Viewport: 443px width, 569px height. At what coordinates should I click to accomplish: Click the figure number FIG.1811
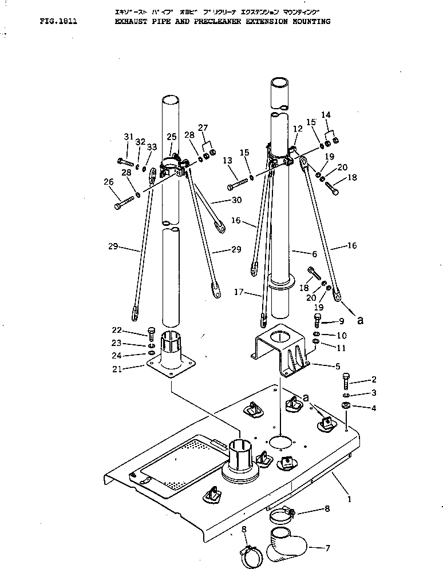[x=58, y=22]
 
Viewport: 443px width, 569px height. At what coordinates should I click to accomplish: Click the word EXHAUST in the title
[x=132, y=22]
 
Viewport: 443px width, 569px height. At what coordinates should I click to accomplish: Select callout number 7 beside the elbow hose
[x=327, y=548]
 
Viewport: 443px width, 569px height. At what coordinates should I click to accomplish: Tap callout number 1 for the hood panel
[x=349, y=499]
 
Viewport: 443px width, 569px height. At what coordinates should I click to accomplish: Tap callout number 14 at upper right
[x=326, y=115]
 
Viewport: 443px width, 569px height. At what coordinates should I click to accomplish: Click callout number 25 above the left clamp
[x=171, y=137]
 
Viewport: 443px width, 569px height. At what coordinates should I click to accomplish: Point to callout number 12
[x=298, y=129]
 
